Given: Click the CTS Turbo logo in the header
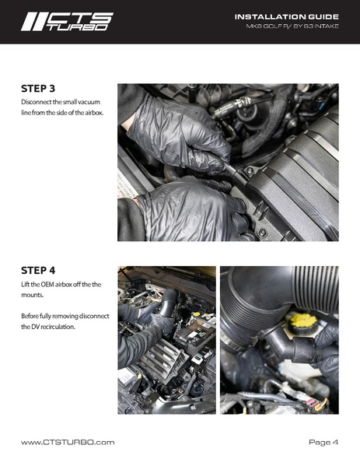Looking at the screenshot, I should point(67,21).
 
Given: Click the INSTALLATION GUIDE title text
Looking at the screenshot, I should point(286,16).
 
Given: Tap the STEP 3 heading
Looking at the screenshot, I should point(40,89).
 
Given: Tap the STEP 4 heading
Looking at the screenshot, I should point(40,271).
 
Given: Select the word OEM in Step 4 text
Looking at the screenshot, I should point(51,284).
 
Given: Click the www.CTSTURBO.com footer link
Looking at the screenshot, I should point(68,442).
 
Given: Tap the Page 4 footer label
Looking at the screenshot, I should point(323,442).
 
